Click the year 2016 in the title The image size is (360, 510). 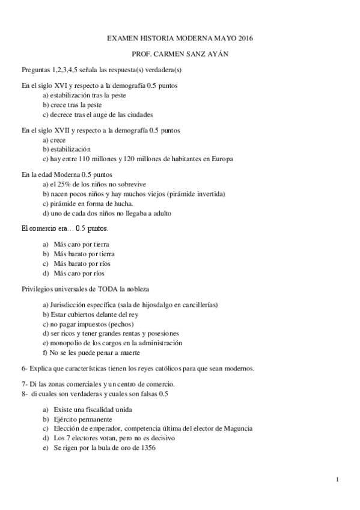[245, 38]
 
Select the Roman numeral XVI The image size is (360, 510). [56, 86]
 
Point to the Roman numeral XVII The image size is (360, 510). [58, 130]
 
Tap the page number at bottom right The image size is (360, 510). [338, 479]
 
